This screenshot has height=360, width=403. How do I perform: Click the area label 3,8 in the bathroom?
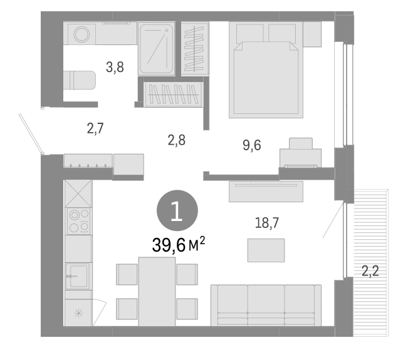[x=115, y=68]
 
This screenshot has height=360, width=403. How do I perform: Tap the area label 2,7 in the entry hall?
[x=95, y=129]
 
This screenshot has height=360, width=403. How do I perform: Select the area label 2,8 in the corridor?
[x=177, y=140]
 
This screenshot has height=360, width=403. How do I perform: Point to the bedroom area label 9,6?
[x=251, y=145]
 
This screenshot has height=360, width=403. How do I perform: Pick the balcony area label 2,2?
[x=370, y=271]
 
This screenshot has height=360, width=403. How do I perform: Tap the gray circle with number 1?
[x=177, y=212]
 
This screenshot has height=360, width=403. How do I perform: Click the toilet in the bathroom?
[x=79, y=80]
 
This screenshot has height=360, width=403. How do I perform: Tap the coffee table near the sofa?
[x=266, y=250]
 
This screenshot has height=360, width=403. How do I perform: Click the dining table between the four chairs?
[x=157, y=291]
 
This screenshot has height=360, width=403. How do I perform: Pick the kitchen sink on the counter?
[x=77, y=275]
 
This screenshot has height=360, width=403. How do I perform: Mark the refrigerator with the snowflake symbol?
[x=78, y=312]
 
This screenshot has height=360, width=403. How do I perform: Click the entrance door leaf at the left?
[x=31, y=133]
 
